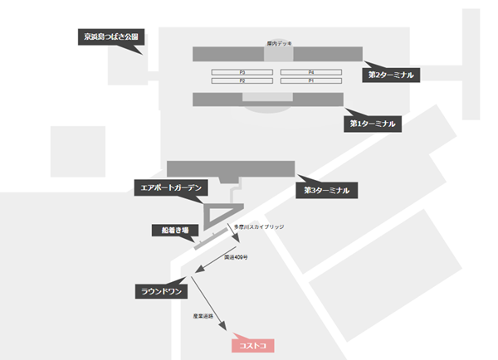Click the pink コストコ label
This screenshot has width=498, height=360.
[251, 345]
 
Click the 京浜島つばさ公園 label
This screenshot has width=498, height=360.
[110, 36]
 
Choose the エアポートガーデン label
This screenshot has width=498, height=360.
[169, 188]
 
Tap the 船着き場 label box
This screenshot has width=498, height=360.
[174, 230]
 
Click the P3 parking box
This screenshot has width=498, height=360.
[242, 73]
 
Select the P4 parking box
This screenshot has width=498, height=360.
[311, 73]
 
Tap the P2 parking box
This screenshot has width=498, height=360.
[242, 81]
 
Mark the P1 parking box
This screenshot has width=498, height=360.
[311, 81]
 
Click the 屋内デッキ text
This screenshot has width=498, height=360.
[277, 42]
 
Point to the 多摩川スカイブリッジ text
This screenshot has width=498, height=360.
[259, 226]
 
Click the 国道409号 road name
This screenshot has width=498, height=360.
[235, 257]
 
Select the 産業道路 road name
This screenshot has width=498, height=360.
[203, 316]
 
